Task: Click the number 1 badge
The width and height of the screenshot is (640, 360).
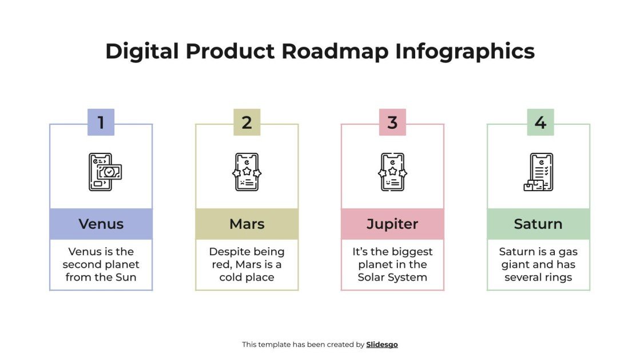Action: (x=101, y=122)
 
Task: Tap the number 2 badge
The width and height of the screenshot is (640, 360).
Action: (x=247, y=122)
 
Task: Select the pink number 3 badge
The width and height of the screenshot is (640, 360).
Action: (x=392, y=122)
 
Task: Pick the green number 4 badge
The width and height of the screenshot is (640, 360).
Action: (x=540, y=122)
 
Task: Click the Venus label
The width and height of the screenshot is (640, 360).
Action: (x=101, y=224)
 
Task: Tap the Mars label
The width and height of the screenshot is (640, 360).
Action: (x=247, y=224)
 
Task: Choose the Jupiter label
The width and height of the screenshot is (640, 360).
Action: (x=392, y=224)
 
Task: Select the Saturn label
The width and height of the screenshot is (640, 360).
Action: (x=538, y=224)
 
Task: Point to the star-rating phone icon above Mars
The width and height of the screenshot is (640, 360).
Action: (x=247, y=172)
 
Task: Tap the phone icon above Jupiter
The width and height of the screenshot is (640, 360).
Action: (x=392, y=172)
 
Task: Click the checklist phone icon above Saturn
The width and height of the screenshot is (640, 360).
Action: (x=538, y=172)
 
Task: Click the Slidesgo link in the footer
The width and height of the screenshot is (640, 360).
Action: (x=381, y=345)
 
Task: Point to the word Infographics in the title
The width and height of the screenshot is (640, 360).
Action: (x=465, y=52)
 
